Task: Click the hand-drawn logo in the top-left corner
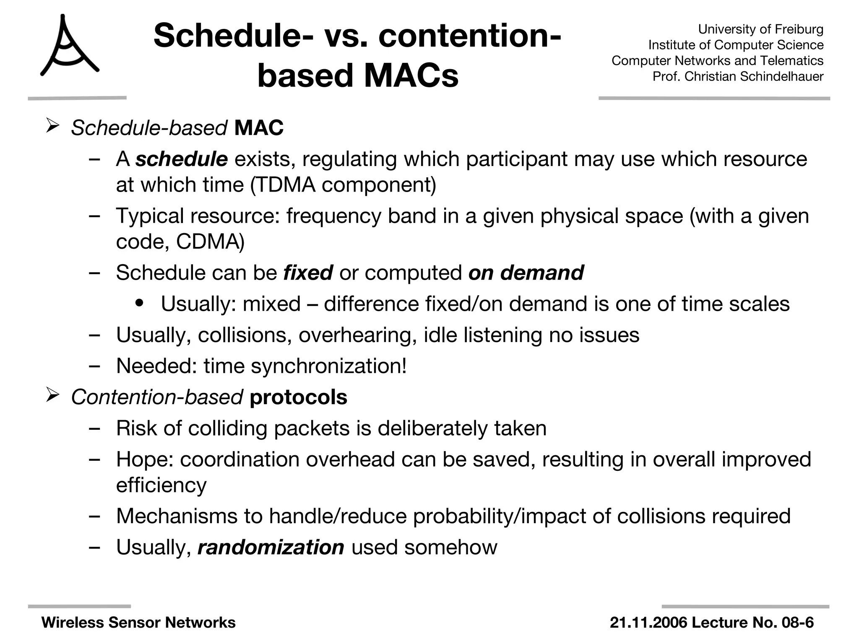(69, 46)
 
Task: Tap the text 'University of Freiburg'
(760, 29)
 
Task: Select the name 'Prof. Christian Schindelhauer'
(738, 76)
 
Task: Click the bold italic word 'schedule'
(181, 159)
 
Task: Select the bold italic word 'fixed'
(308, 273)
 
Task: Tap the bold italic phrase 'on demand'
(526, 273)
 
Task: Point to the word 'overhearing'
(358, 335)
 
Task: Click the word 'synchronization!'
(328, 366)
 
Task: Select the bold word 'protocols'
(298, 397)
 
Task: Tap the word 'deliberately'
(432, 428)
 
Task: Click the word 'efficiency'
(161, 486)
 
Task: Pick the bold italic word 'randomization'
(271, 548)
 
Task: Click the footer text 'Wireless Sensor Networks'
(138, 623)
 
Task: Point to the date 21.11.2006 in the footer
(648, 623)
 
